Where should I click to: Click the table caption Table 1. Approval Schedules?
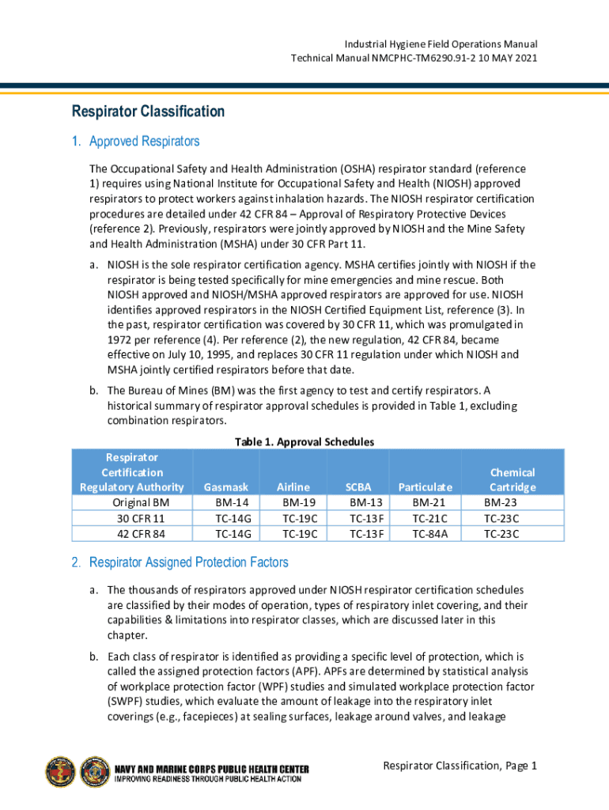pyautogui.click(x=304, y=441)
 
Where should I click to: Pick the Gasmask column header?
pyautogui.click(x=226, y=487)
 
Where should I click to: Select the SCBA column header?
pyautogui.click(x=367, y=487)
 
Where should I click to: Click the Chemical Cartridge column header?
pyautogui.click(x=513, y=479)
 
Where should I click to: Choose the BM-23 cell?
pyautogui.click(x=501, y=502)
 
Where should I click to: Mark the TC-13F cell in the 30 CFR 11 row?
pyautogui.click(x=367, y=518)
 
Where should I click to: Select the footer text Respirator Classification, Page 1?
pyautogui.click(x=460, y=766)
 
